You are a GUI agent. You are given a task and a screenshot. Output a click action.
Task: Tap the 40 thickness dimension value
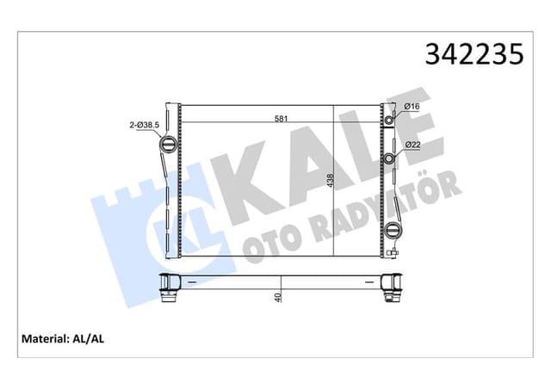(278, 297)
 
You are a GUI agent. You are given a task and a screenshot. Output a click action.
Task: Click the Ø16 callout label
(412, 107)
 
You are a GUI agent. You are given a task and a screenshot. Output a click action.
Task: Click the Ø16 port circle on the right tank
(389, 120)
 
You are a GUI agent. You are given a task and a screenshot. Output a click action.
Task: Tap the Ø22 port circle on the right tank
(390, 158)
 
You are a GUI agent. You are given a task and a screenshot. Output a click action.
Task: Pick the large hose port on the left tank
(169, 143)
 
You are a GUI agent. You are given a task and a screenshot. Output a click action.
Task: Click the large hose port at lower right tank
(393, 231)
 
